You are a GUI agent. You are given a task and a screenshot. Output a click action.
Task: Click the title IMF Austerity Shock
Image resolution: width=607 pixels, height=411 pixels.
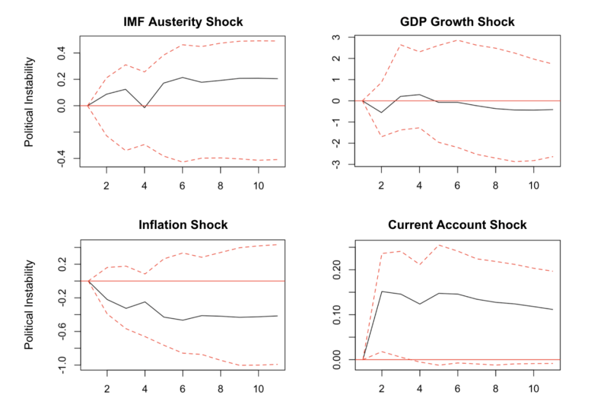[x=183, y=22]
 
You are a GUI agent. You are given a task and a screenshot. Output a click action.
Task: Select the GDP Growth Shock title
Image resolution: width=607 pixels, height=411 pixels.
[x=457, y=22]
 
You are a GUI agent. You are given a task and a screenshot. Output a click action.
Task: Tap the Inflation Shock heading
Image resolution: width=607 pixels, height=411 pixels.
[x=183, y=225]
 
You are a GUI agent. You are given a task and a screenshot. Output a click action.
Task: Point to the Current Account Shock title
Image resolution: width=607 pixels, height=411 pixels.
[x=457, y=225]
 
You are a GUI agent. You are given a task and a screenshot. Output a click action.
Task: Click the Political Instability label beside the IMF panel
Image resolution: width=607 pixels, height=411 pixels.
[x=29, y=102]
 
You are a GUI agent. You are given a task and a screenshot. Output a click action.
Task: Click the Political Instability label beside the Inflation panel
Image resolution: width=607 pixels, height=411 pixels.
[x=29, y=305]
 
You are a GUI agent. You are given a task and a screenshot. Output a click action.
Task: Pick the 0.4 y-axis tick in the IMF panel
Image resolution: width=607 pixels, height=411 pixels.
[x=61, y=53]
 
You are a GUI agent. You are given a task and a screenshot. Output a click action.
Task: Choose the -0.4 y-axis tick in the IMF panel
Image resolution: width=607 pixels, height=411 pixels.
[x=61, y=159]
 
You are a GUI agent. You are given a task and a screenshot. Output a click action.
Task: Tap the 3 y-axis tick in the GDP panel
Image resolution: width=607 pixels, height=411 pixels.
[x=336, y=37]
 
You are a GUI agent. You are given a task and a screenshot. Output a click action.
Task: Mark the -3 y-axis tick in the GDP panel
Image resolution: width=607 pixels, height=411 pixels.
[x=336, y=164]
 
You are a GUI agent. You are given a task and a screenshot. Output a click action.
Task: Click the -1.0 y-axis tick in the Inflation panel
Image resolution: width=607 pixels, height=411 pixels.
[x=62, y=365]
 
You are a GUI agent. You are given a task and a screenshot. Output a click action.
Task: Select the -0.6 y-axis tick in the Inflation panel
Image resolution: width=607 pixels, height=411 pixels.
[x=62, y=332]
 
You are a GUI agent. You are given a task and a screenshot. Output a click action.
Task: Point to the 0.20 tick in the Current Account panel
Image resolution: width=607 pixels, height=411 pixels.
[x=337, y=270]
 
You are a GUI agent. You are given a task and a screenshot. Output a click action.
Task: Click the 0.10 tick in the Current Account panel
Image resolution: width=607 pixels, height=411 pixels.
[x=337, y=315]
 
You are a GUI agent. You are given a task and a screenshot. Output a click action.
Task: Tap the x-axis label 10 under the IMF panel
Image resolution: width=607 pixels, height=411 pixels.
[x=259, y=186]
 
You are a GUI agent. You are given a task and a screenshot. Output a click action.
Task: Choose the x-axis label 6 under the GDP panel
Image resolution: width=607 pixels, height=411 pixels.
[x=457, y=186]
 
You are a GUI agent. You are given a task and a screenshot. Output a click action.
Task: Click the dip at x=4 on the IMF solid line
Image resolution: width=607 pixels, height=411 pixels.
[x=144, y=107]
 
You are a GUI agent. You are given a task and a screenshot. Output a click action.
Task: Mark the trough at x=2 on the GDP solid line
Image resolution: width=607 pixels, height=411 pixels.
[x=382, y=112]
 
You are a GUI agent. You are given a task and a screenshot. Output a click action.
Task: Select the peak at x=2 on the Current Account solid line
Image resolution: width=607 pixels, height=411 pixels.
[x=382, y=291]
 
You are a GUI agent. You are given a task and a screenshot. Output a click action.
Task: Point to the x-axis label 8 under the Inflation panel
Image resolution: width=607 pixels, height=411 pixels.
[x=221, y=389]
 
